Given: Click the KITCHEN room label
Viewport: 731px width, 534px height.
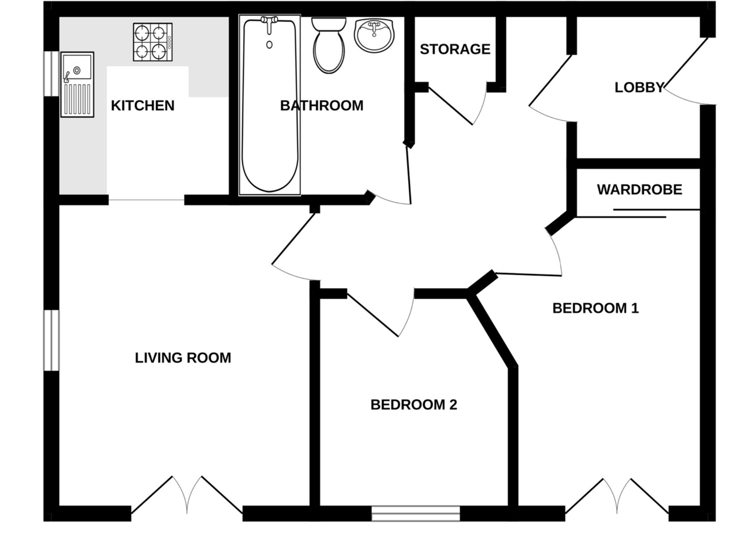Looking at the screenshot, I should tap(142, 106).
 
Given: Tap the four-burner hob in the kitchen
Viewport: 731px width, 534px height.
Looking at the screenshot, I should tap(152, 42).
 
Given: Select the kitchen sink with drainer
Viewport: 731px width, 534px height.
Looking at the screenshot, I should tap(77, 85).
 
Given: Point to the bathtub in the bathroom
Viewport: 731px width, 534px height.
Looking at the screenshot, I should tap(270, 106).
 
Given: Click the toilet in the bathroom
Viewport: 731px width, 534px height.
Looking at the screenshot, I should tap(328, 46).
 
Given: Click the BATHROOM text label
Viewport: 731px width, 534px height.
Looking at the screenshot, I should tap(321, 106).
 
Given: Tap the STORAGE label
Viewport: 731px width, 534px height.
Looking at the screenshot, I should tap(455, 50).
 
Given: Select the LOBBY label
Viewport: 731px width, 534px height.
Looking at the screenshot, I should tap(639, 87).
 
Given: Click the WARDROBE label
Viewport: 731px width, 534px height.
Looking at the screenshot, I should tap(639, 190).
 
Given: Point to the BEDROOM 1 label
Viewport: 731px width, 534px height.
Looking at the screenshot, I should tap(595, 308).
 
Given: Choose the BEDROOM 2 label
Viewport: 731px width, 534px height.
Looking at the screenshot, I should tap(414, 405).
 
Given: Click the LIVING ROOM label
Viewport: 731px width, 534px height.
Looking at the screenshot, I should tap(183, 358).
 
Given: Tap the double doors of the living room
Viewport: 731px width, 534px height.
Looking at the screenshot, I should tap(187, 495).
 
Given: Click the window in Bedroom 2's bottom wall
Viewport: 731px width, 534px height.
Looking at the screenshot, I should tap(416, 513).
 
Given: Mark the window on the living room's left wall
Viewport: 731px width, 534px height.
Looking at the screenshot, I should tap(51, 340).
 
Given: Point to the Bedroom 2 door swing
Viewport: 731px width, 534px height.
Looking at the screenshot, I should tap(384, 314).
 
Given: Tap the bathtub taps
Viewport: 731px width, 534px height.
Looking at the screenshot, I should tap(270, 22).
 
